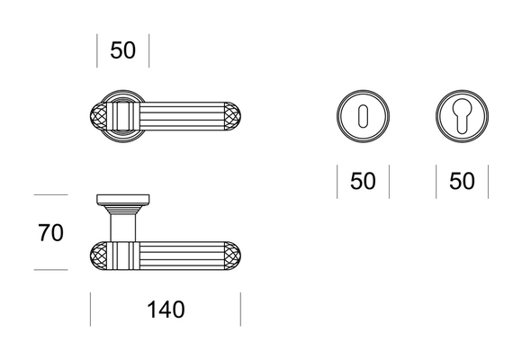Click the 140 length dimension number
[x=166, y=310]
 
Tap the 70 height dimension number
[x=50, y=233]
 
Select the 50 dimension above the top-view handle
[x=122, y=50]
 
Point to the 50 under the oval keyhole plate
[x=363, y=181]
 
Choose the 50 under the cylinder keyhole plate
[x=462, y=181]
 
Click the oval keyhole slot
[x=363, y=116]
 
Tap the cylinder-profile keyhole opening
[x=462, y=116]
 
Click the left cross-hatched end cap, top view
[x=99, y=116]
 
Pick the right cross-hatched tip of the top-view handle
[x=232, y=116]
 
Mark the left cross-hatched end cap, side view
[x=99, y=256]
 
